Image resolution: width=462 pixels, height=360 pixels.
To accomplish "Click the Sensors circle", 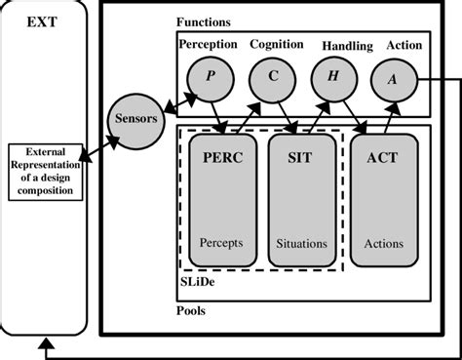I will pyautogui.click(x=135, y=118).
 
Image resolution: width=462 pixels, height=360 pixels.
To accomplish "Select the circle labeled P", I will pyautogui.click(x=209, y=77).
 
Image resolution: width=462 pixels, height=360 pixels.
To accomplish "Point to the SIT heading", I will pyautogui.click(x=301, y=157).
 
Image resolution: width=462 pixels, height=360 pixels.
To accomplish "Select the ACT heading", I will pyautogui.click(x=382, y=157).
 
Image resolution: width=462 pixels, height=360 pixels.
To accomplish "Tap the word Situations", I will pyautogui.click(x=301, y=243).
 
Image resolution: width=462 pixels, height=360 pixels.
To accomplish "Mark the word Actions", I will pyautogui.click(x=382, y=243).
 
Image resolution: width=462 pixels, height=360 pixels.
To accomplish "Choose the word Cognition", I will pyautogui.click(x=277, y=44).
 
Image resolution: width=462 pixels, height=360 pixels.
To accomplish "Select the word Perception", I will pyautogui.click(x=209, y=44).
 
